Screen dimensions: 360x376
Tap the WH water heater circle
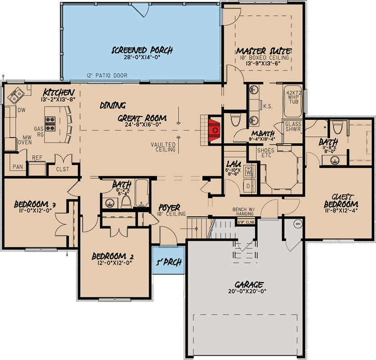297,224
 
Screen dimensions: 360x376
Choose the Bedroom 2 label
112,256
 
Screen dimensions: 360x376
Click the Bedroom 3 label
34,203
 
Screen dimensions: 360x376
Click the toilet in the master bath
234,121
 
